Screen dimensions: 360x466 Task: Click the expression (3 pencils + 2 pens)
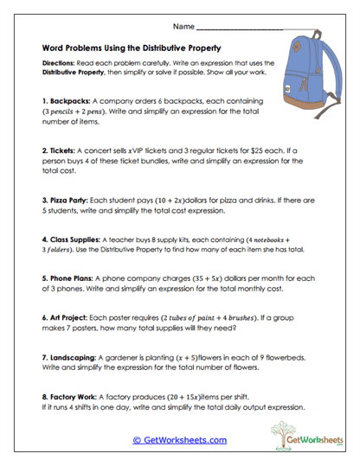tap(82, 112)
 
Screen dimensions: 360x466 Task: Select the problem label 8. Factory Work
tap(71, 395)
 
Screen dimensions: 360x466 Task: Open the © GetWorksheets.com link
tap(180, 439)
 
